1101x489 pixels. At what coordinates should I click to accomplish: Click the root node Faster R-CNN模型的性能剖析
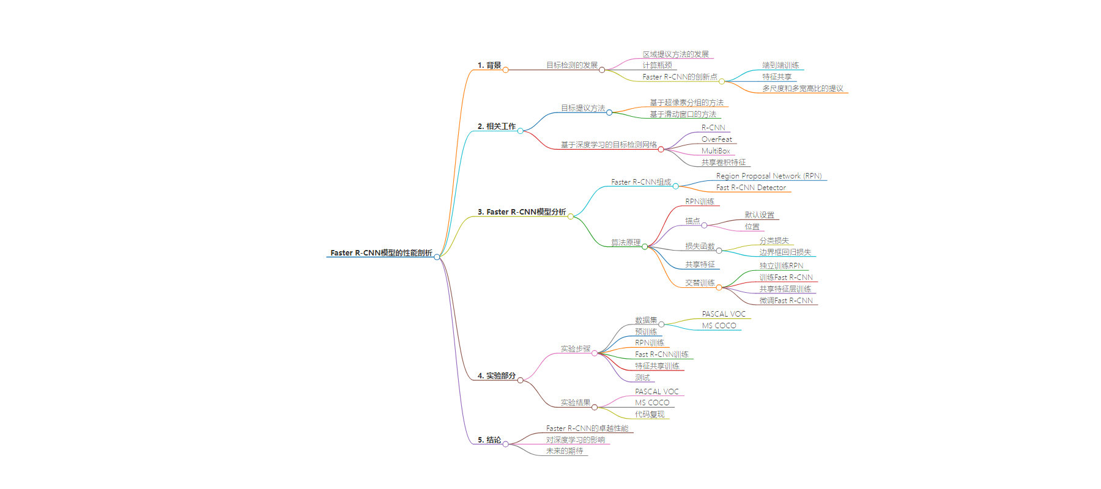point(381,253)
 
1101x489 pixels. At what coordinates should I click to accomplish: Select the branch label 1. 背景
point(489,65)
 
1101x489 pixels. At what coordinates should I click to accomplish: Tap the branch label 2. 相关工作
point(497,127)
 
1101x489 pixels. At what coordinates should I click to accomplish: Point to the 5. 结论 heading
point(489,440)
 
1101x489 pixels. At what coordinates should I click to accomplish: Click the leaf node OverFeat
point(716,139)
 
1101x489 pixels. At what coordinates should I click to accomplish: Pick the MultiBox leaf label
point(716,151)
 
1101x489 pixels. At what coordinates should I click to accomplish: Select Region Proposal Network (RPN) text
point(769,176)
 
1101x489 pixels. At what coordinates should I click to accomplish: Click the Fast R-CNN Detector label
point(751,188)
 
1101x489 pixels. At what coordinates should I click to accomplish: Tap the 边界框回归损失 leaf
point(785,252)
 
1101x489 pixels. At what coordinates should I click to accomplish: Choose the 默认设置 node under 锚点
point(760,215)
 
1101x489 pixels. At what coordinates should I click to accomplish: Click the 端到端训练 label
point(780,65)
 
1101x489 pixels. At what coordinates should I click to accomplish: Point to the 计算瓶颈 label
point(658,65)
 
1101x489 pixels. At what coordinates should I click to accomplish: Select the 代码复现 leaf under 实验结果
point(650,414)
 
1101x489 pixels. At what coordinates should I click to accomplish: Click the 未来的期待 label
point(565,451)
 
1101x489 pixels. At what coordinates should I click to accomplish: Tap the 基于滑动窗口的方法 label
point(683,114)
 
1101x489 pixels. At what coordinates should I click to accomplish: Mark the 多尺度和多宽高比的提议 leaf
point(803,89)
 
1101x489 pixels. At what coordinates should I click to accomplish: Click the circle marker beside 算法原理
point(645,247)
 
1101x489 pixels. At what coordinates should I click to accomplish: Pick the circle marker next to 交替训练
point(719,287)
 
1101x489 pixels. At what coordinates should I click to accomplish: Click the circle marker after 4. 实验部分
point(521,380)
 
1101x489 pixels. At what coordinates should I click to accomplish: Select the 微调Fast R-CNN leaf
point(786,301)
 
